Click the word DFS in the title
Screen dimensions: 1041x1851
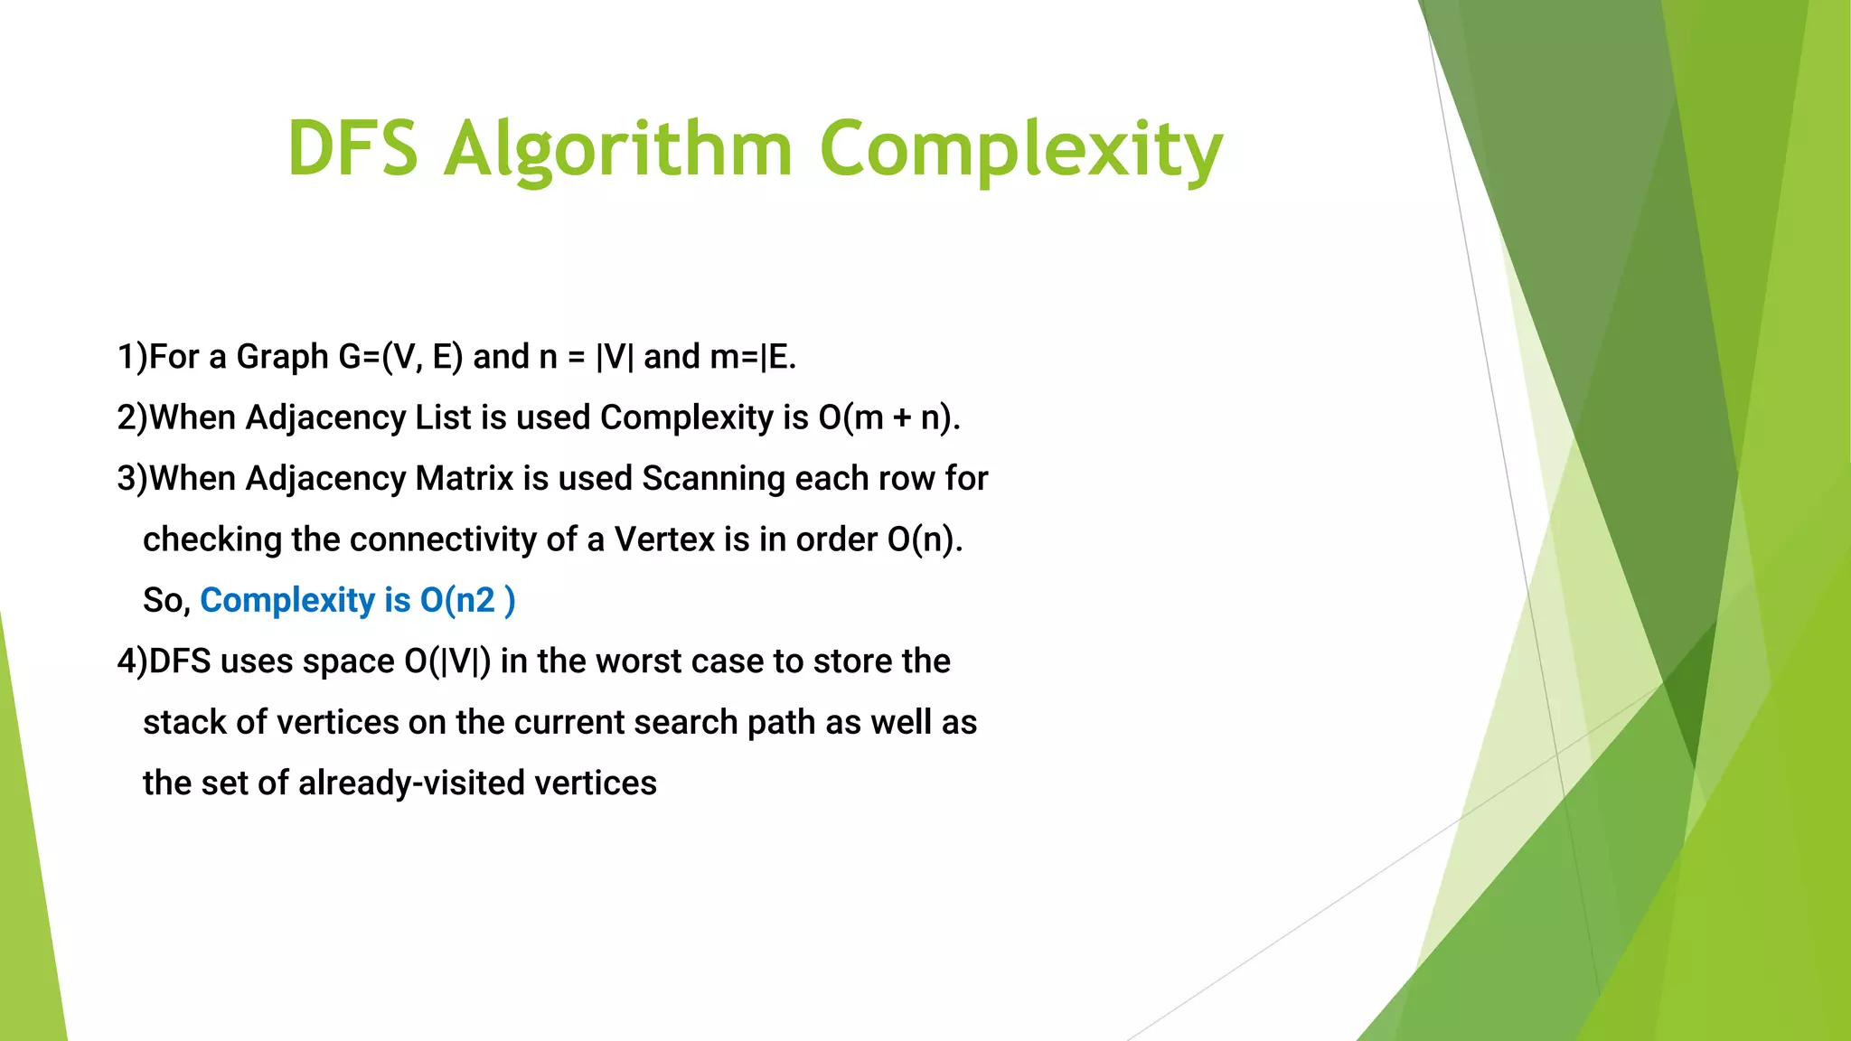pyautogui.click(x=353, y=148)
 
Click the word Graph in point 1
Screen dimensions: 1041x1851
pyautogui.click(x=282, y=357)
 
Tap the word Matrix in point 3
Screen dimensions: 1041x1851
pyautogui.click(x=464, y=478)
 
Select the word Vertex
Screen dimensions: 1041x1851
pyautogui.click(x=663, y=539)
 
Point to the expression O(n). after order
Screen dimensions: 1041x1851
pyautogui.click(x=925, y=539)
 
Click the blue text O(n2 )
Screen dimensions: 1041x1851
pyautogui.click(x=467, y=600)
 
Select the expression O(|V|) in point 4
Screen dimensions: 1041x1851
pyautogui.click(x=447, y=661)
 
